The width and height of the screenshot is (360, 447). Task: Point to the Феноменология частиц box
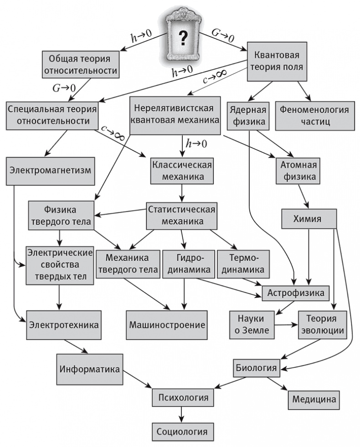point(314,116)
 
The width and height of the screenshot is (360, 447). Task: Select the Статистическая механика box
point(182,216)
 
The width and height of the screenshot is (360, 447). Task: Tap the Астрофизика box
point(295,292)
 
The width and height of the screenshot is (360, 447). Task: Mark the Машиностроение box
point(167,324)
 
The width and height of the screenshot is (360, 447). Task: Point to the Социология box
point(182,431)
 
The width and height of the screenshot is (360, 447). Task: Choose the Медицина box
point(314,399)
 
